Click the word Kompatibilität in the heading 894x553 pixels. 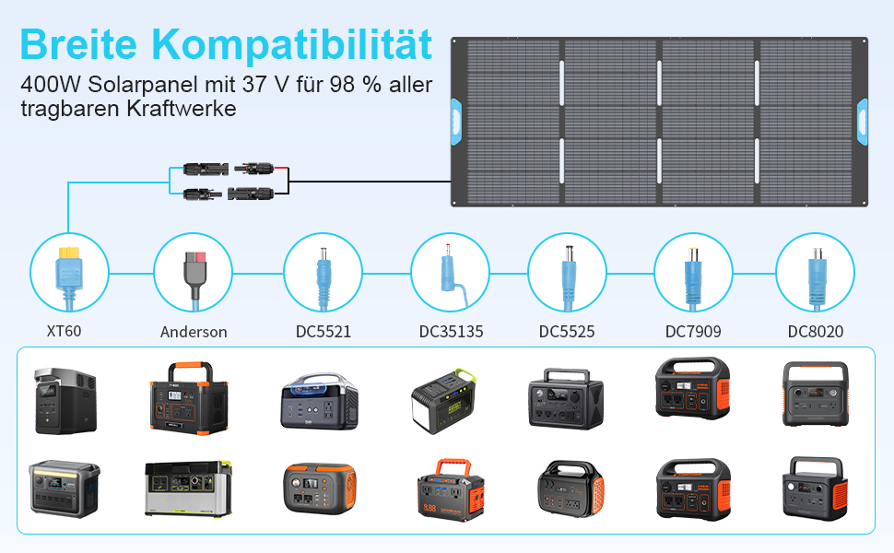(x=291, y=44)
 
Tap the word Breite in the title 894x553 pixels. (x=78, y=44)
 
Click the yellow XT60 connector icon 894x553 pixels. (x=69, y=277)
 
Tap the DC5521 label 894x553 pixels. (x=323, y=331)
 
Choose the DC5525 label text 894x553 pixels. (x=567, y=331)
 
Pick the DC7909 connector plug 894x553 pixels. (x=693, y=278)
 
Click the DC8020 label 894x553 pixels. (x=816, y=331)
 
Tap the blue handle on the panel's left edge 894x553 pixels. (x=456, y=122)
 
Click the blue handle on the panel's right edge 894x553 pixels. (x=862, y=122)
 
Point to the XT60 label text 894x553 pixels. (x=64, y=331)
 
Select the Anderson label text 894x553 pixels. (x=194, y=332)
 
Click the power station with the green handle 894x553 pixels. (x=443, y=400)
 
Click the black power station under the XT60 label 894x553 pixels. (x=65, y=401)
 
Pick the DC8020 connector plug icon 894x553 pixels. (x=817, y=278)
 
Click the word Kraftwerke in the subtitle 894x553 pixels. (x=182, y=109)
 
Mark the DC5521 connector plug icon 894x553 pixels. (x=323, y=278)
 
